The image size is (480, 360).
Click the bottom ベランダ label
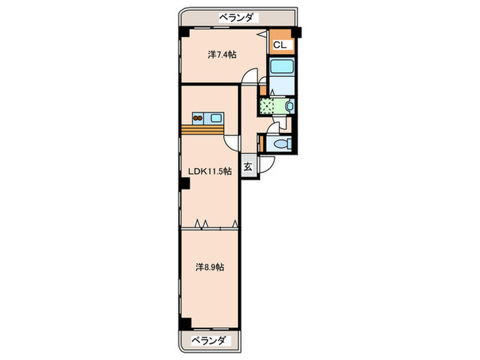tap(208, 341)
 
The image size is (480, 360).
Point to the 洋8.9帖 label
tap(210, 267)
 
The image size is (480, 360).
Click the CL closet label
tap(281, 45)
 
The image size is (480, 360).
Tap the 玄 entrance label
tap(249, 167)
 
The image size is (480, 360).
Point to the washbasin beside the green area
tap(290, 106)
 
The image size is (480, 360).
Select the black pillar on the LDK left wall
tap(184, 182)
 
